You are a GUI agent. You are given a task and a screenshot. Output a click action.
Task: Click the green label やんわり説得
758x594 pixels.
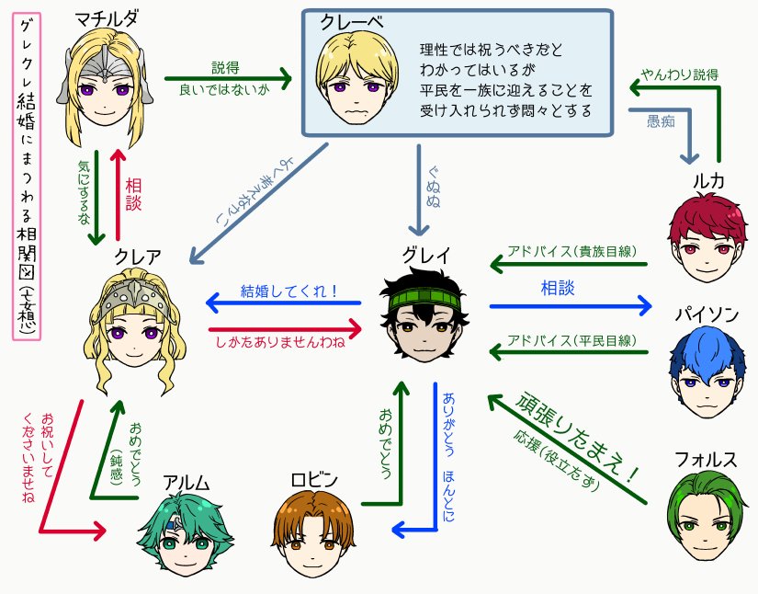pos(680,74)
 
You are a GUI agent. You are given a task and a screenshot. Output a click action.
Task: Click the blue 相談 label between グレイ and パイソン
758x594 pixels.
pos(557,289)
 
